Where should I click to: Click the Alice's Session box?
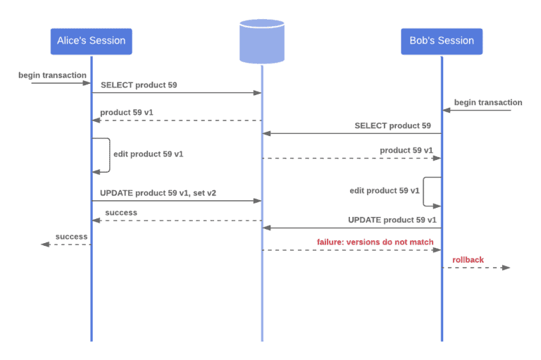point(91,41)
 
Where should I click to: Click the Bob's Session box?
point(442,41)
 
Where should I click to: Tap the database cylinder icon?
point(261,41)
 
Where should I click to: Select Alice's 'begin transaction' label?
point(53,75)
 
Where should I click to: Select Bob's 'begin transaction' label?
point(488,102)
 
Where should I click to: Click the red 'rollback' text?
point(468,259)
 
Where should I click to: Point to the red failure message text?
point(375,242)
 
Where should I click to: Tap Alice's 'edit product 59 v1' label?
point(148,154)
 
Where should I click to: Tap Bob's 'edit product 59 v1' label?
point(385,190)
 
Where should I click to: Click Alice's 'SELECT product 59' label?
point(139,85)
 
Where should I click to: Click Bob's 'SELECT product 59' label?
point(392,125)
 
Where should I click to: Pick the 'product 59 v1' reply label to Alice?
point(126,112)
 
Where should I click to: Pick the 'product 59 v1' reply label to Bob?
point(406,150)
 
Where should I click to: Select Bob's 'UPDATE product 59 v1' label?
point(392,219)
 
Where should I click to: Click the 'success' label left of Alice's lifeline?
point(71,237)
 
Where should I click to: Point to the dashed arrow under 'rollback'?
point(475,268)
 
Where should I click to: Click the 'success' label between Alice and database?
point(121,212)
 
